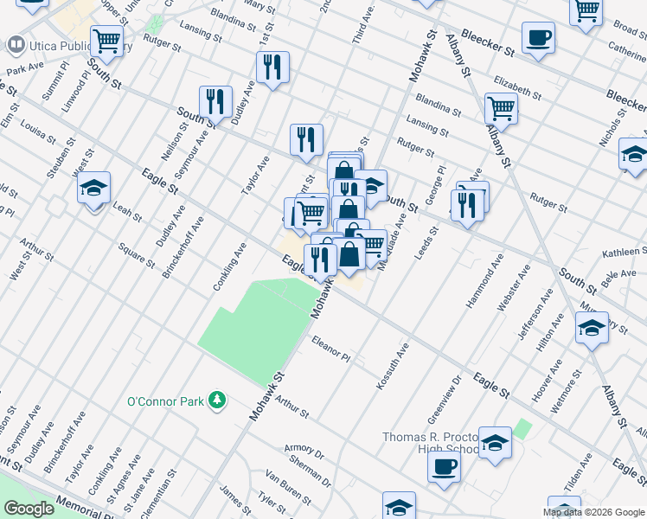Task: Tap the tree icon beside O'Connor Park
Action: [x=219, y=400]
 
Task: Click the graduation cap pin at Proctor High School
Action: [x=494, y=442]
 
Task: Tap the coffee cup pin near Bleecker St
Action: [x=538, y=38]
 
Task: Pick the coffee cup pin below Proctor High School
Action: [x=444, y=466]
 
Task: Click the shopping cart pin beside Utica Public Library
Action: [x=106, y=39]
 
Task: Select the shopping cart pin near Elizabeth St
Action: [x=501, y=108]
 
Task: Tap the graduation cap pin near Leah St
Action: [x=93, y=188]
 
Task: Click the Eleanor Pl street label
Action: [x=331, y=349]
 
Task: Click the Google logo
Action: [x=29, y=509]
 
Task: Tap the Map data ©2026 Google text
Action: [x=593, y=512]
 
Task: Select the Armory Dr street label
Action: [x=303, y=453]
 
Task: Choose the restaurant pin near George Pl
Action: [x=465, y=204]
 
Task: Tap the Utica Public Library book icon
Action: [x=16, y=43]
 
